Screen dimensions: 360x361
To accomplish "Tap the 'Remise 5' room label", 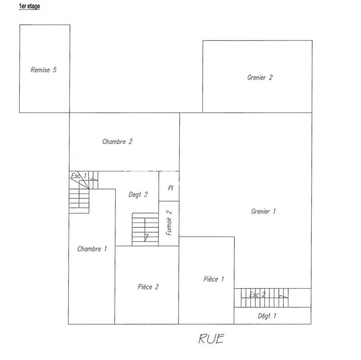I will click(43, 70).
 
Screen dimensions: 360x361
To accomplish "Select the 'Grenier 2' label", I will click(260, 77).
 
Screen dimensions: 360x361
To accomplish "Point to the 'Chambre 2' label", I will click(117, 142).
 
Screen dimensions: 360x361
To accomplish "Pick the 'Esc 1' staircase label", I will click(78, 175).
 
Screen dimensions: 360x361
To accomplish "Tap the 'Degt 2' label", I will click(139, 195).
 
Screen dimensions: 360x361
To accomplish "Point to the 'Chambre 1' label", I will click(92, 249).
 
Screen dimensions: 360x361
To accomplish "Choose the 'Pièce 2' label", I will click(148, 286).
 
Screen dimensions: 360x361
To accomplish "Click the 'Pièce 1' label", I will click(213, 279).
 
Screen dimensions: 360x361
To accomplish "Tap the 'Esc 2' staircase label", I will click(257, 295).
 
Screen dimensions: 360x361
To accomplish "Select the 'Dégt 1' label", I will click(267, 316).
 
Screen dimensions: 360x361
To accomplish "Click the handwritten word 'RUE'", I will click(211, 339).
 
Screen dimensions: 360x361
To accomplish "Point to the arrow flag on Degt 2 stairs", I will click(147, 237).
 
